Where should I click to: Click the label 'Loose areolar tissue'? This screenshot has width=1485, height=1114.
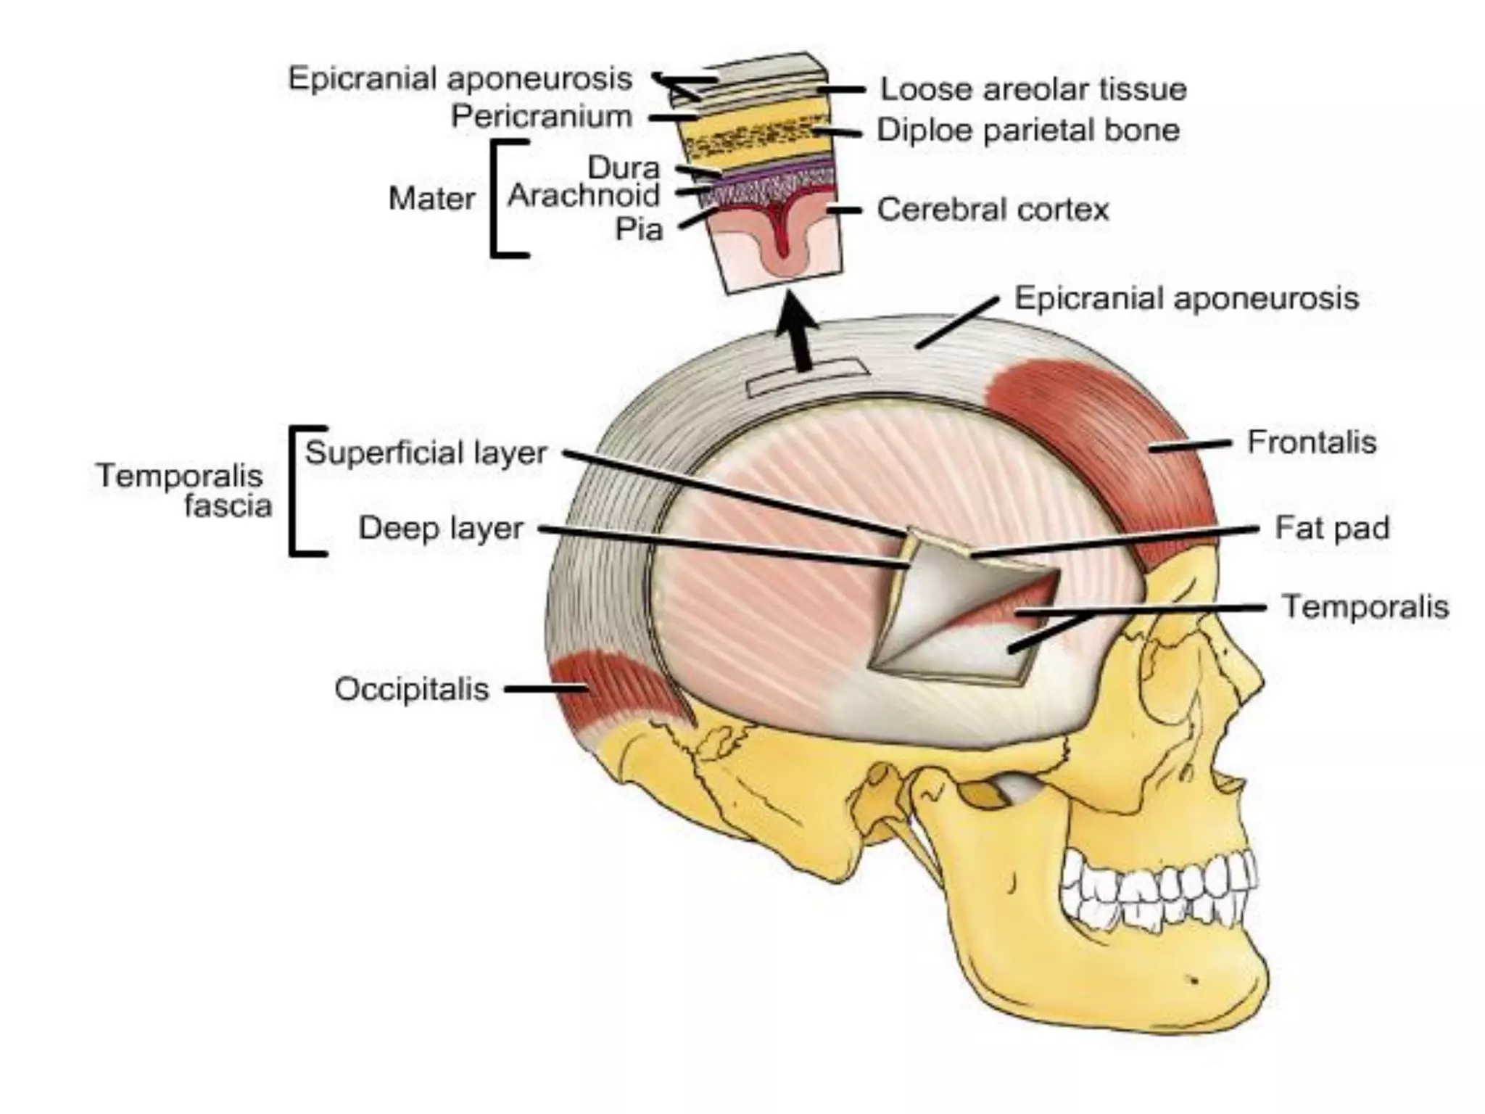coord(1033,89)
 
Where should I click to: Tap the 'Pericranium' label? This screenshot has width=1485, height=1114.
coord(542,116)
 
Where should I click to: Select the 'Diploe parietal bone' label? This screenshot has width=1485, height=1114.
coord(1028,131)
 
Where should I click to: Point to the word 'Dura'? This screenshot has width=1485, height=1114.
coord(624,168)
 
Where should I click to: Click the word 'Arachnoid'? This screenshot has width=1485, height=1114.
coord(584,195)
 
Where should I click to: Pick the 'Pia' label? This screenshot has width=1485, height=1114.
coord(639,229)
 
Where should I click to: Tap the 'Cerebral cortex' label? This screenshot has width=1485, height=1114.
coord(993,210)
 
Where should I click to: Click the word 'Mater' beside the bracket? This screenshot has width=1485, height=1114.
coord(431,198)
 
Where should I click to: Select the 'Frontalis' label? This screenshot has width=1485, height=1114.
coord(1311,442)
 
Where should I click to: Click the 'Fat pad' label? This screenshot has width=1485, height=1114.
coord(1331,527)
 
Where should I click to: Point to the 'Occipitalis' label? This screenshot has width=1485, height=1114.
coord(411,689)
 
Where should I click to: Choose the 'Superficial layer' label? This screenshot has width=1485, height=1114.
coord(426,453)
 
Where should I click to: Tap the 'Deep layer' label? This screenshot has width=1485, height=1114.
coord(440,528)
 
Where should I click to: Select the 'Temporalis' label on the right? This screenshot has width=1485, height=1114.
coord(1365,606)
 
